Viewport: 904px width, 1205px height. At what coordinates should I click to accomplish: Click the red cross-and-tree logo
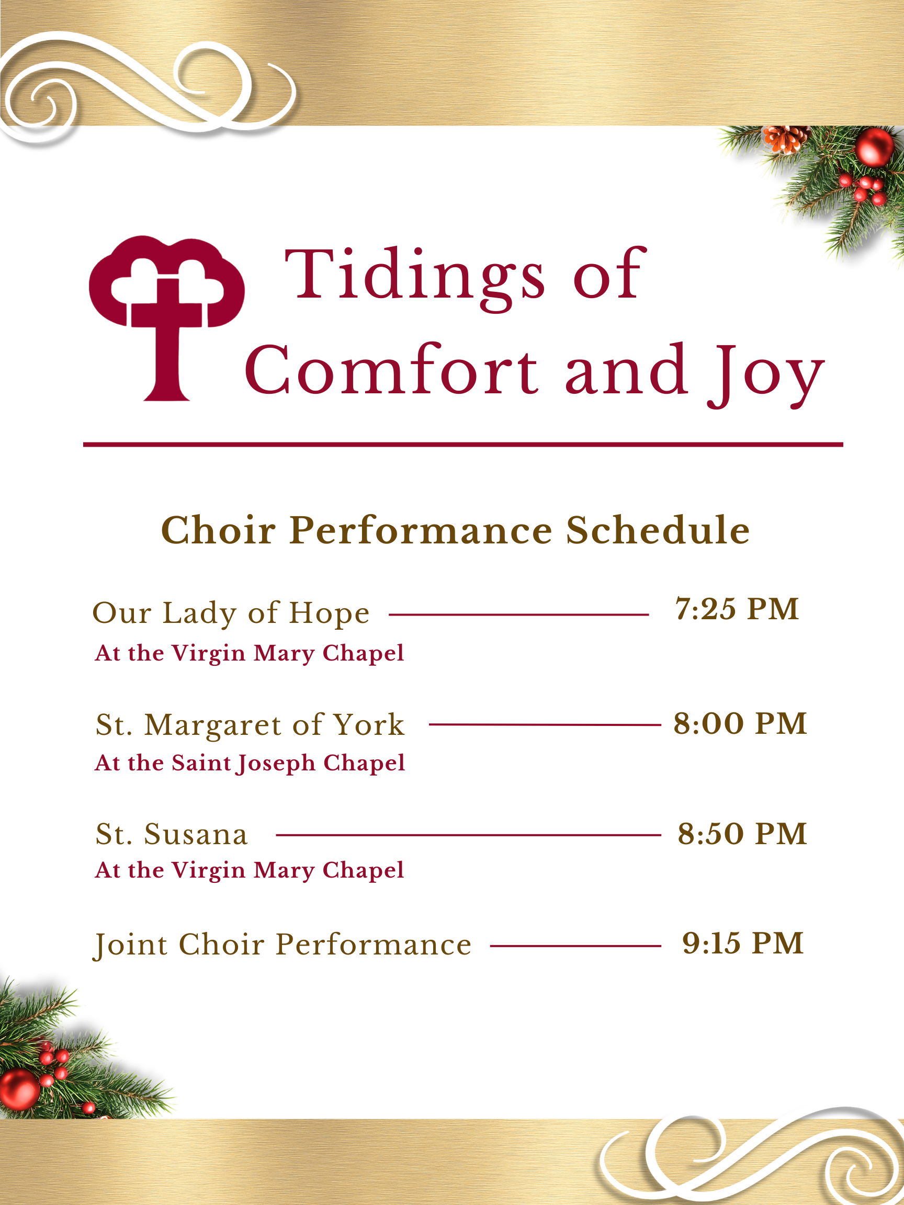(x=166, y=316)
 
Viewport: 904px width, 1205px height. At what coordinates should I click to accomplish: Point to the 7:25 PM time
(x=737, y=609)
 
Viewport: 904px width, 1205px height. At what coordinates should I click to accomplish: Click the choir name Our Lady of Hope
(x=231, y=613)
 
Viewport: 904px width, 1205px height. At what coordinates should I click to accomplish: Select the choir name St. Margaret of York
(x=250, y=724)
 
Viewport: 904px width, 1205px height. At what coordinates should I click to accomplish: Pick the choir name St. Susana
(x=172, y=834)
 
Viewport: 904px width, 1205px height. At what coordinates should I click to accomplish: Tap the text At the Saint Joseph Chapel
(x=250, y=763)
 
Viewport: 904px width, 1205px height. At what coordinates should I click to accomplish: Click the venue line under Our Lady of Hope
(x=249, y=653)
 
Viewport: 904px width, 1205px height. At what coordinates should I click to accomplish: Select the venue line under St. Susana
(x=249, y=870)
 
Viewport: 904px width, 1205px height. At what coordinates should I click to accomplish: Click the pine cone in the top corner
(x=785, y=139)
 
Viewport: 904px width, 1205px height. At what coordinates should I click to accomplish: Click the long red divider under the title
(x=462, y=445)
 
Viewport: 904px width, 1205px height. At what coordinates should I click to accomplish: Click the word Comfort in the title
(x=391, y=371)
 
